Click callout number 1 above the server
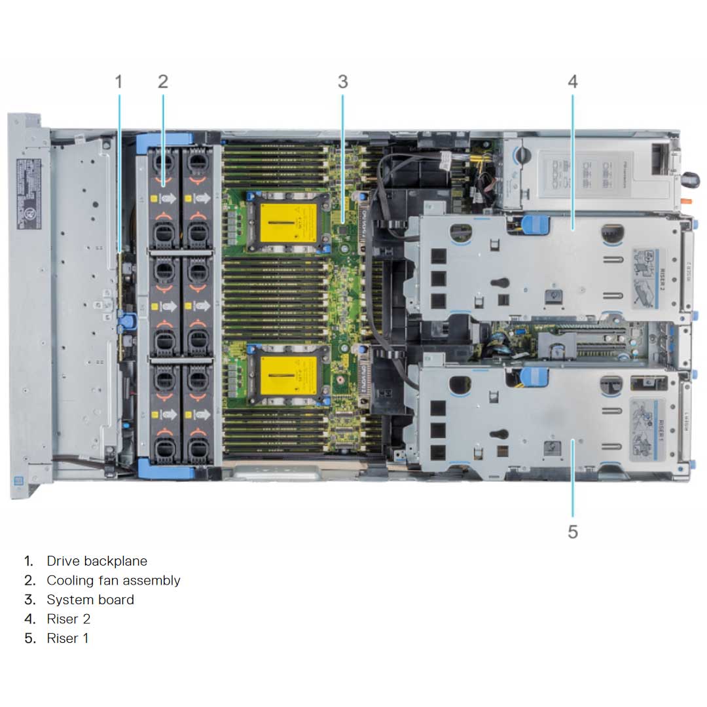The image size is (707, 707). [118, 82]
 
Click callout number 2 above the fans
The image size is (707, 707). [163, 82]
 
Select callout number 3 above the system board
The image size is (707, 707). [342, 82]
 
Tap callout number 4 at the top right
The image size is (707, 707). [573, 82]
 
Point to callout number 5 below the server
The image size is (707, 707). [573, 532]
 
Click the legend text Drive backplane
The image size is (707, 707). [97, 561]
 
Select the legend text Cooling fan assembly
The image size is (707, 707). [113, 580]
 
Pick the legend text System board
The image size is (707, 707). [90, 600]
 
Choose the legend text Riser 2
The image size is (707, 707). [69, 619]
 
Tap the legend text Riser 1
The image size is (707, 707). [67, 638]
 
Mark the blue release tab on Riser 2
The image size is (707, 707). [534, 225]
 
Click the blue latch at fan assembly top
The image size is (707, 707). [164, 139]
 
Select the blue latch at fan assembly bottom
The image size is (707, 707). [164, 471]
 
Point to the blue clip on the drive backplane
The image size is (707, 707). [127, 320]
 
